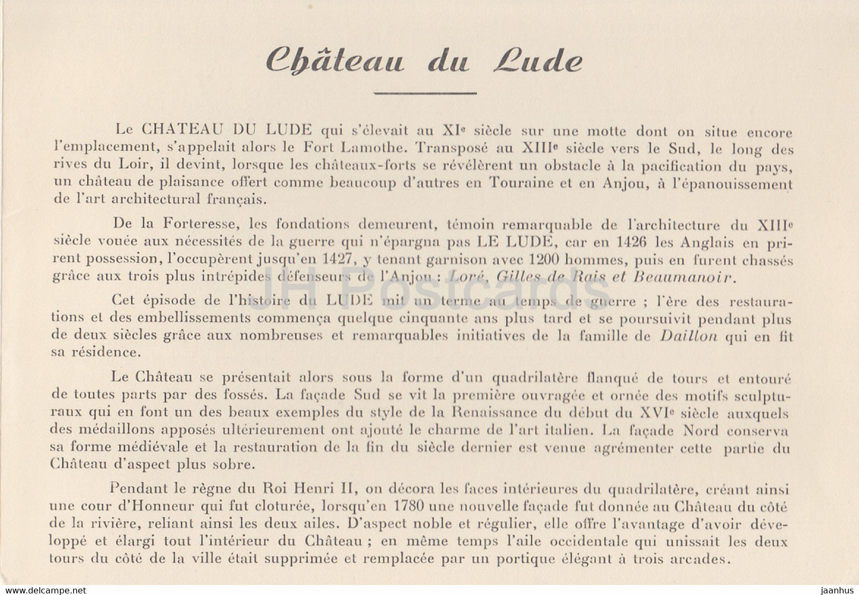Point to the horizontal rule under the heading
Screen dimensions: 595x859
coord(425,93)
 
